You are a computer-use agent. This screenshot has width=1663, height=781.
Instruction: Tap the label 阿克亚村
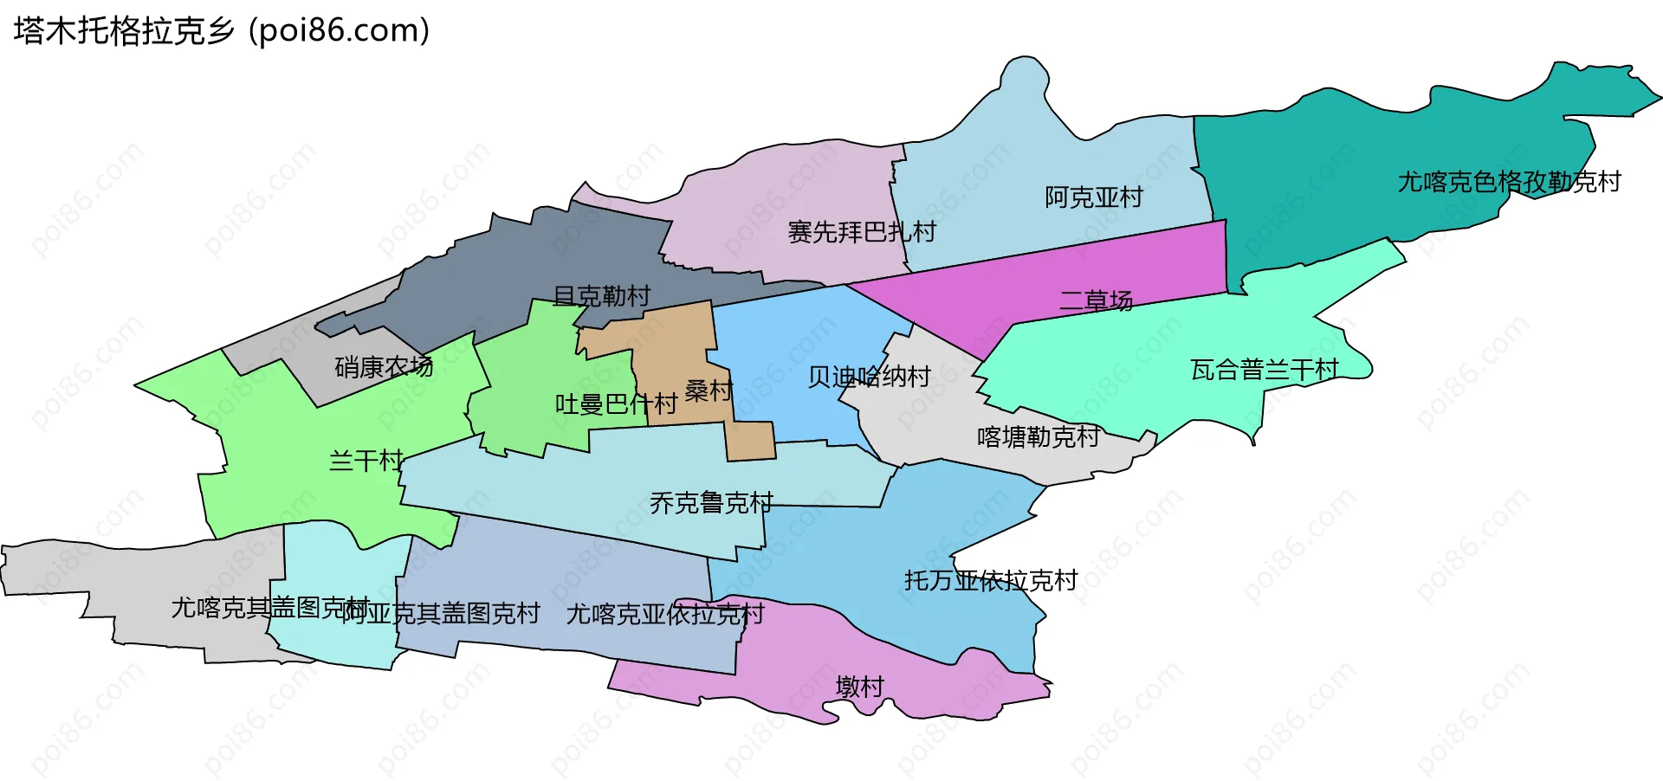coord(1093,197)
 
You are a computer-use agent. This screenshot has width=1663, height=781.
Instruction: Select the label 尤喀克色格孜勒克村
coord(1509,182)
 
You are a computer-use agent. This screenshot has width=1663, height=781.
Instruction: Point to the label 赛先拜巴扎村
coord(861,232)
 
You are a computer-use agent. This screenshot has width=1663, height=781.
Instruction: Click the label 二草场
coord(1096,300)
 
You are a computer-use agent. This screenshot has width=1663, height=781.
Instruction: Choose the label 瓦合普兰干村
coord(1264,370)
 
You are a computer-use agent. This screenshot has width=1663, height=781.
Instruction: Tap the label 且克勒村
coord(601,296)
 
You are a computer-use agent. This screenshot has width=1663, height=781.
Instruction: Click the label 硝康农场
coord(384,367)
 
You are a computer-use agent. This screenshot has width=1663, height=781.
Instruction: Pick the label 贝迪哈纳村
coord(869,377)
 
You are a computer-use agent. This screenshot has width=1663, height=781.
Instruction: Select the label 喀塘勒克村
coord(1038,436)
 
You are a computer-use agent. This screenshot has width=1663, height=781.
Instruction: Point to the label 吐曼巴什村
coord(616,403)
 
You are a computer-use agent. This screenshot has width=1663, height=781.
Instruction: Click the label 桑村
coord(709,390)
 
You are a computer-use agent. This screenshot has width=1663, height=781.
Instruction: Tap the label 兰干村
coord(366,460)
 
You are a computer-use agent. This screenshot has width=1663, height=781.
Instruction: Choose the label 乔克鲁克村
coord(711,502)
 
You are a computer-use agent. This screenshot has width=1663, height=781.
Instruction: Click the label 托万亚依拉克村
coord(991,580)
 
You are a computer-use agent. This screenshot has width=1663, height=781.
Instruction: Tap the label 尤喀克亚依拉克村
coord(665,614)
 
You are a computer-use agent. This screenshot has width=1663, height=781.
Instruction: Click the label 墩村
coord(859,687)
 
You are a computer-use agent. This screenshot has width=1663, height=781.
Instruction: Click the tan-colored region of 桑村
coord(676,346)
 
